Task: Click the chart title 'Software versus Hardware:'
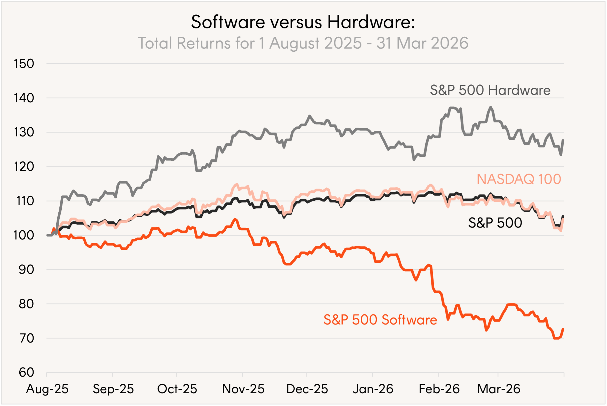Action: coord(303,22)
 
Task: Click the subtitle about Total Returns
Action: coord(303,43)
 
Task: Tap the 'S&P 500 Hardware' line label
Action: coord(490,90)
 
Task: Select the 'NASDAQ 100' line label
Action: coord(519,179)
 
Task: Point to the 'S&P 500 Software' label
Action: coord(380,319)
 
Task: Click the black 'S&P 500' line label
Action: coord(495,223)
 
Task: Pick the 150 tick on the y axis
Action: coord(23,64)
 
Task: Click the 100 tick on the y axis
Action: coord(23,235)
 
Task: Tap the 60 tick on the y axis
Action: coord(26,373)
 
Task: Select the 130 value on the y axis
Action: coord(23,132)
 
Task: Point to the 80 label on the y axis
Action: coord(26,304)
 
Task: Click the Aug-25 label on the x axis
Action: coord(47,389)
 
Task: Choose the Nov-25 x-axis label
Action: coord(243,389)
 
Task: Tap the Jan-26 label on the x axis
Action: coord(373,389)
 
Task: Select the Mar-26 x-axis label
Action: coord(499,389)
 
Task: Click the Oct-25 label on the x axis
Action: coord(177,389)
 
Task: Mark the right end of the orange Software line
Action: coord(563,329)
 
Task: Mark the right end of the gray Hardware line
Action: coord(563,140)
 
